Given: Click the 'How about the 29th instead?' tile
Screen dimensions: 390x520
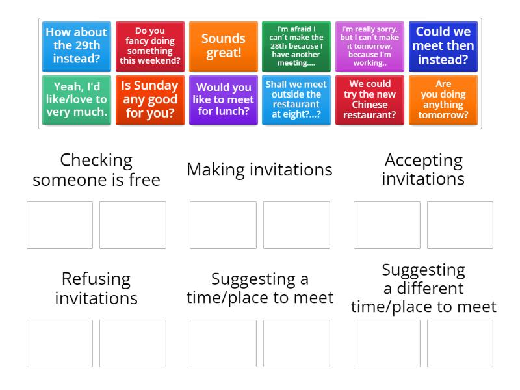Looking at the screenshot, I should [77, 46].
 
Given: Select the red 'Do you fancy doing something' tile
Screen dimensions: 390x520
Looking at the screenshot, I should [150, 46].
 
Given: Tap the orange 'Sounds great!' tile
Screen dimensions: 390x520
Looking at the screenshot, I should [224, 46].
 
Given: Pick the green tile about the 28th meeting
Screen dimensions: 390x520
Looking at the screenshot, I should [296, 46].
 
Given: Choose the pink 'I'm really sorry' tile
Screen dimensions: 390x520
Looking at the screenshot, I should [370, 46].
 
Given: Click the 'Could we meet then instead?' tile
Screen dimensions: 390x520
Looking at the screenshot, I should [443, 46].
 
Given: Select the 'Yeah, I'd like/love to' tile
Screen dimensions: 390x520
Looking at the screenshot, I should [77, 100].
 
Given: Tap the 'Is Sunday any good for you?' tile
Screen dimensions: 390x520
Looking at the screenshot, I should [150, 100].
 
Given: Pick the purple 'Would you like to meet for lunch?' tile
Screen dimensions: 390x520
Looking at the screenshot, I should [224, 100].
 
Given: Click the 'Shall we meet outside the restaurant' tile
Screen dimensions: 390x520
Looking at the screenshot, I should [296, 100].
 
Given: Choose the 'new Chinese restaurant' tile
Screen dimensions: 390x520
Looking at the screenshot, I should [370, 100].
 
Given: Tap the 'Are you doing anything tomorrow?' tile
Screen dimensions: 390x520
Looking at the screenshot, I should [443, 100].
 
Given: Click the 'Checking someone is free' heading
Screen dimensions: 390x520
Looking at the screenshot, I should [96, 170].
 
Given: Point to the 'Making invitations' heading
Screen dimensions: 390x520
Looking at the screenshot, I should [259, 170].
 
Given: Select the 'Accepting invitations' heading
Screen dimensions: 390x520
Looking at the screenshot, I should [423, 170].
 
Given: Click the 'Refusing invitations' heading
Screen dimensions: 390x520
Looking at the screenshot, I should [96, 289].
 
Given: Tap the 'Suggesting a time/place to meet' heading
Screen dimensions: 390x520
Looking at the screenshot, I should [259, 289].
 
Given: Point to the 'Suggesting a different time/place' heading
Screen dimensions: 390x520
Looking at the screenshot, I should [423, 289].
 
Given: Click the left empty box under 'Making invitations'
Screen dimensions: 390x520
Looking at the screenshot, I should [223, 225].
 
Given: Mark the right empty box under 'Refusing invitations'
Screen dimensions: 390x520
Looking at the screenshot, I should [133, 343].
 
